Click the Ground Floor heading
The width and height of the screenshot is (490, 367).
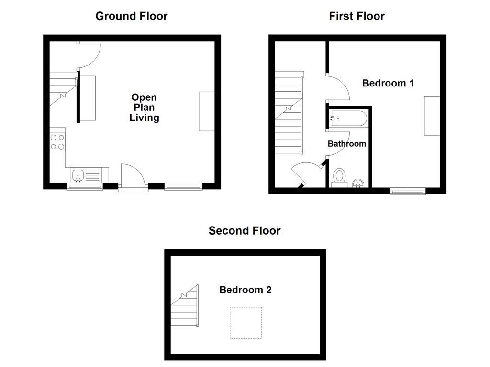132,16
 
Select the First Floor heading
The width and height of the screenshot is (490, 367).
356,16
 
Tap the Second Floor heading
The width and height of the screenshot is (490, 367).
245,231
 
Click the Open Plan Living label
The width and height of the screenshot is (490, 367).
144,108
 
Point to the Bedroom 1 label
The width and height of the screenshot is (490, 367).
388,83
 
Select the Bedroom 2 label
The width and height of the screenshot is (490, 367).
245,290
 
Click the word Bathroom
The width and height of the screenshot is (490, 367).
347,143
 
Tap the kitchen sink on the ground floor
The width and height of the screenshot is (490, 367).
78,175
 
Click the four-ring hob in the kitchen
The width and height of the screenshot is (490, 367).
57,142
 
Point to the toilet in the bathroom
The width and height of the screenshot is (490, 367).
340,176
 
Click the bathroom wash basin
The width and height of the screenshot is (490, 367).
358,183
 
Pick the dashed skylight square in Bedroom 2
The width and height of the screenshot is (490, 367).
245,323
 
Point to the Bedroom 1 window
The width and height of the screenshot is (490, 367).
408,191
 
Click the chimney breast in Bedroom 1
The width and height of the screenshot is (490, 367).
432,116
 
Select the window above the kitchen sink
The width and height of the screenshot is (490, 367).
85,187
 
